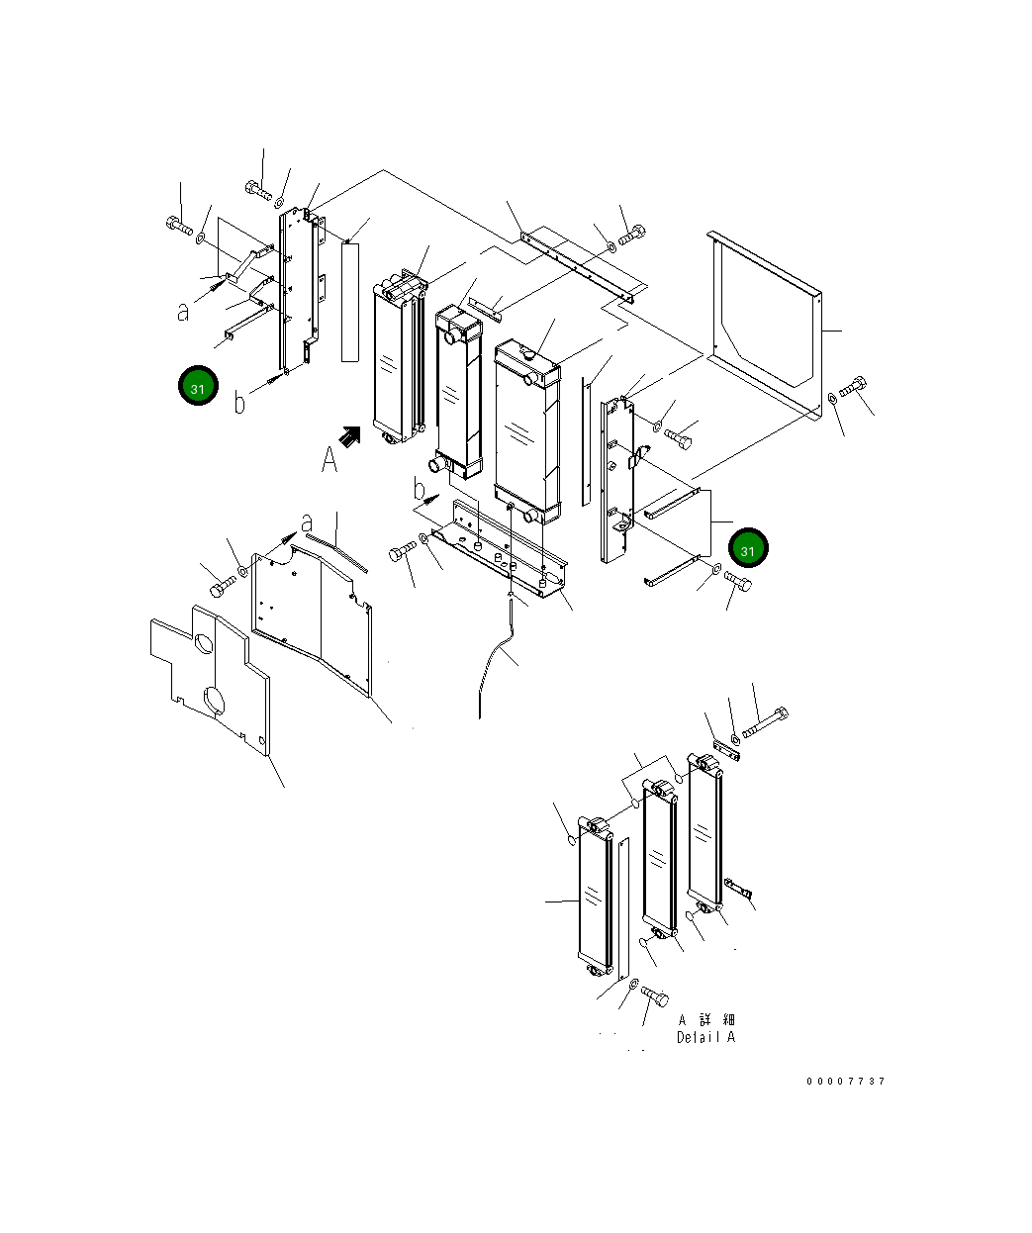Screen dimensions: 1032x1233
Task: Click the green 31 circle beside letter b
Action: point(198,386)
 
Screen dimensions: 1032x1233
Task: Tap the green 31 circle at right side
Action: point(748,548)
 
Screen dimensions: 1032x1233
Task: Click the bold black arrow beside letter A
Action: point(350,437)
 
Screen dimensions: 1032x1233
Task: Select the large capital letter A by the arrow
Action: point(329,459)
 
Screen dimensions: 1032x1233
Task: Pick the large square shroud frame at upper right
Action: point(765,325)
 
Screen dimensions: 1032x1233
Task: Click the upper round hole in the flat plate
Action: point(204,643)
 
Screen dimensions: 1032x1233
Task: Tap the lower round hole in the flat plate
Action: point(215,702)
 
